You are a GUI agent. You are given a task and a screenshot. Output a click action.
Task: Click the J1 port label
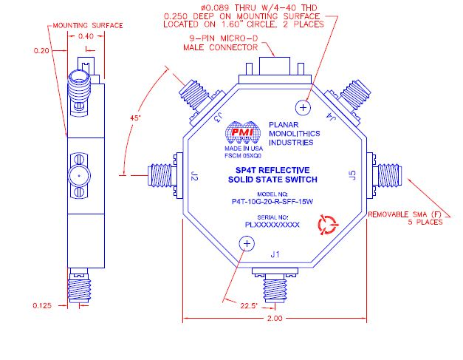pyautogui.click(x=275, y=254)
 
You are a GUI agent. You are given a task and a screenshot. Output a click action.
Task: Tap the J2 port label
pyautogui.click(x=194, y=176)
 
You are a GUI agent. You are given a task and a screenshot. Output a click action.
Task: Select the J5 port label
pyautogui.click(x=352, y=175)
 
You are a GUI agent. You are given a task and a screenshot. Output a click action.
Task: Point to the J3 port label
pyautogui.click(x=219, y=118)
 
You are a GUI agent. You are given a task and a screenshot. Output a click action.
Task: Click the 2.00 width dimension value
pyautogui.click(x=275, y=319)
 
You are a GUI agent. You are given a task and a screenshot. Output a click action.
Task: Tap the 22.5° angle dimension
pyautogui.click(x=249, y=305)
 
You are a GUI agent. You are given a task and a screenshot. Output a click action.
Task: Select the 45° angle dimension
pyautogui.click(x=136, y=118)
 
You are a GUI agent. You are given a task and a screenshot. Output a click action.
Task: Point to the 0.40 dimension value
pyautogui.click(x=86, y=36)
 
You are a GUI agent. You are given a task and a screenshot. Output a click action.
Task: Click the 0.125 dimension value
pyautogui.click(x=42, y=305)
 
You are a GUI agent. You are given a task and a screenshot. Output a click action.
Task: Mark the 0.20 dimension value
pyautogui.click(x=41, y=50)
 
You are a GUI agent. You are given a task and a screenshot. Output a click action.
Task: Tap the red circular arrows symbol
pyautogui.click(x=327, y=225)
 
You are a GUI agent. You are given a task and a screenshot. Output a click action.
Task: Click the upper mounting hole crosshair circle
pyautogui.click(x=303, y=107)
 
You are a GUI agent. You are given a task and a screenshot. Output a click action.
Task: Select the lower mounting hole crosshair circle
pyautogui.click(x=247, y=244)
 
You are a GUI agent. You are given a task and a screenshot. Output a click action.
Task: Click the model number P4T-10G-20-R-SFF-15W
pyautogui.click(x=272, y=202)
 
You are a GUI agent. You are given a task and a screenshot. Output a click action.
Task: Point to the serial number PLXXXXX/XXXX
pyautogui.click(x=272, y=225)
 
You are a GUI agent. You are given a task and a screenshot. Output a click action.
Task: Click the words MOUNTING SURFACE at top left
pyautogui.click(x=88, y=25)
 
